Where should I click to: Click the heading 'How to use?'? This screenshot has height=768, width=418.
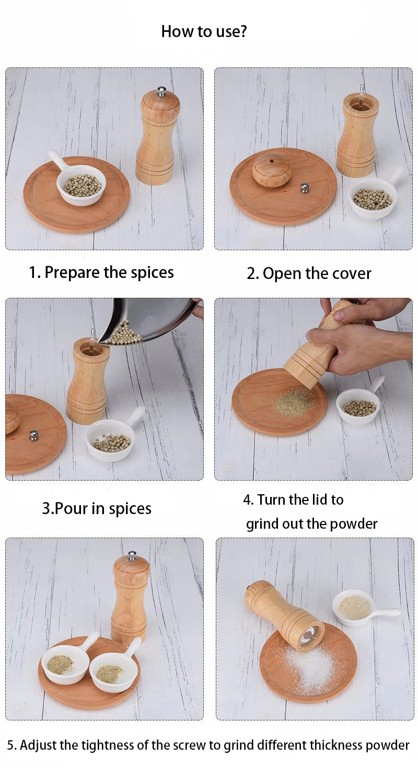point(204,31)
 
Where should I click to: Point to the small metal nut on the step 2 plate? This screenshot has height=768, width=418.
point(305,188)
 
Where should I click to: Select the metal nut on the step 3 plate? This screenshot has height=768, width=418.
point(33,435)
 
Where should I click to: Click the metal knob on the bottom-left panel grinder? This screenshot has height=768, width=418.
point(132,555)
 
